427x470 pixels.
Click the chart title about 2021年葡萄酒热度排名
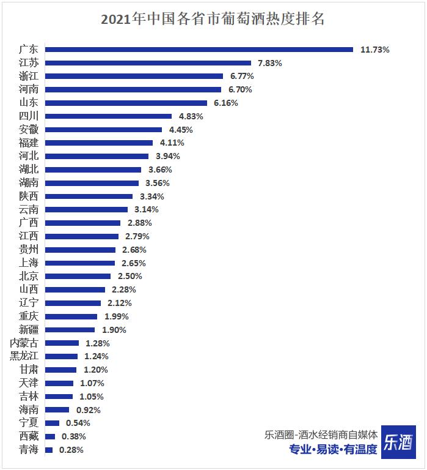[x=213, y=20]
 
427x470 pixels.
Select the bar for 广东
[x=199, y=50]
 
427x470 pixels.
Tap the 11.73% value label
[x=374, y=50]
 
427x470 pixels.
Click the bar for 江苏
[x=148, y=63]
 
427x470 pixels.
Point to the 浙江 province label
[x=29, y=76]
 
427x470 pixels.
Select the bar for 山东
[x=126, y=103]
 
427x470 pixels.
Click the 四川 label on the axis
[x=29, y=116]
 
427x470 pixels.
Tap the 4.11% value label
[x=172, y=143]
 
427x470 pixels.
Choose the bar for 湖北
[x=93, y=170]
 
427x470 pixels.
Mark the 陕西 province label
[x=29, y=196]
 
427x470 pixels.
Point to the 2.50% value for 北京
[x=130, y=277]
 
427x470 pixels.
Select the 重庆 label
[x=29, y=316]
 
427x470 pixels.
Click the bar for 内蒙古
[x=62, y=343]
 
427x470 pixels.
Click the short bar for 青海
[x=49, y=450]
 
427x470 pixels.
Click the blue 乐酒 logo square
[x=398, y=441]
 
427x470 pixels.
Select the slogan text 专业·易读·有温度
[x=333, y=450]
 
